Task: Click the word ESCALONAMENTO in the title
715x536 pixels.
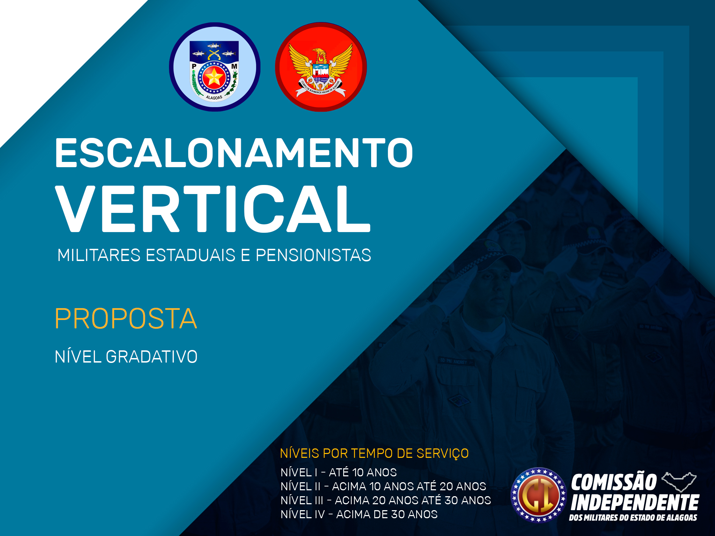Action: (x=234, y=152)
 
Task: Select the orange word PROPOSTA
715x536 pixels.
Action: (x=126, y=319)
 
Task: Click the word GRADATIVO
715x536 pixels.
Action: (x=152, y=357)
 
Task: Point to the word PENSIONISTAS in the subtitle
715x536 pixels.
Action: (x=314, y=255)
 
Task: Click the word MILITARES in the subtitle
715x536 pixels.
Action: (x=99, y=255)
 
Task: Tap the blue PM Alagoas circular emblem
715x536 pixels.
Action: (x=215, y=67)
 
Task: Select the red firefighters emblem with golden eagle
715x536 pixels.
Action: (x=321, y=67)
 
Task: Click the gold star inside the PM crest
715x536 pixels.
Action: (x=213, y=77)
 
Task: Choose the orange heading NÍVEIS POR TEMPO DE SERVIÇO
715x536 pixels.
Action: (x=374, y=453)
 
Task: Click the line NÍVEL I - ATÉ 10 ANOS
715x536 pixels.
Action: (x=339, y=472)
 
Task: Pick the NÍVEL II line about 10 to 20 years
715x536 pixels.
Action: (x=383, y=486)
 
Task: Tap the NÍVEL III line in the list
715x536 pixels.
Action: (x=386, y=500)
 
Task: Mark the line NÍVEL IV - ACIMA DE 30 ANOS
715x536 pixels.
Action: (x=359, y=514)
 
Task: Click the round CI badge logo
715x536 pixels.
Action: (x=539, y=495)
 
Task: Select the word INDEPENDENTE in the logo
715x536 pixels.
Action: (x=635, y=502)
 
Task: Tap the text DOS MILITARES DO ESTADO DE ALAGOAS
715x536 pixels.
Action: (x=633, y=518)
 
